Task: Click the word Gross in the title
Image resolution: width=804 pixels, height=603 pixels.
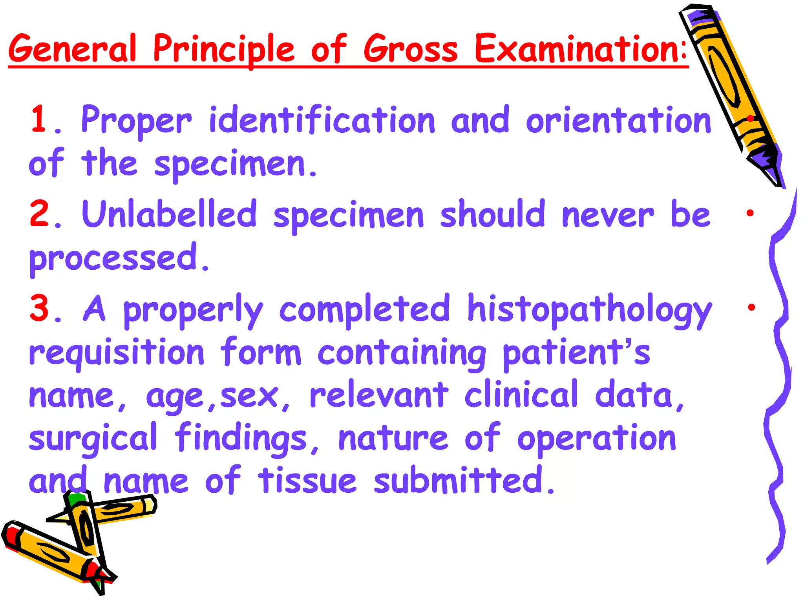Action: coord(411,49)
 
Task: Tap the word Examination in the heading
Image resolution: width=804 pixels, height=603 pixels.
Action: coord(580,49)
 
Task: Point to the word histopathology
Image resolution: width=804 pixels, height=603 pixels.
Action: coord(589,310)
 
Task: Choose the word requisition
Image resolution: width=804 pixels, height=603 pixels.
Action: coord(117,353)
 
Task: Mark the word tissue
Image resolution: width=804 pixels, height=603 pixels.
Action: coord(307,481)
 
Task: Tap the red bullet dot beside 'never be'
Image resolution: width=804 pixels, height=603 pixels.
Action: coord(750,213)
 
